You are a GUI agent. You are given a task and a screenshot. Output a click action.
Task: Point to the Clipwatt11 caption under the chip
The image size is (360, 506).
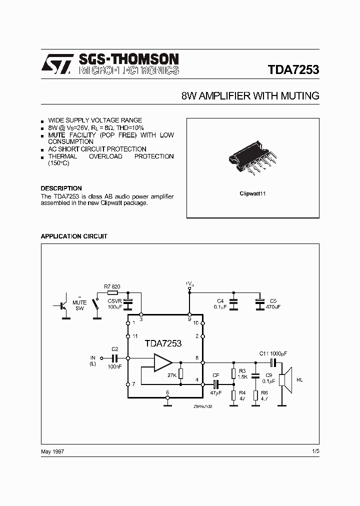tap(253, 193)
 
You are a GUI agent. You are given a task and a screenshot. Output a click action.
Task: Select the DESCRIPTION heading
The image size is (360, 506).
tap(61, 188)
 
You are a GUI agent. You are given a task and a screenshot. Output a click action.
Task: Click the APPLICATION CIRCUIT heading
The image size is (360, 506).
tap(73, 236)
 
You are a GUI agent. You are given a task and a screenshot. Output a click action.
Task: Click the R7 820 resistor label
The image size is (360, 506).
tap(112, 286)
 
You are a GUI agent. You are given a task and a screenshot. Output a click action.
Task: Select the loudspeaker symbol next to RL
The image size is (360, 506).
tap(285, 379)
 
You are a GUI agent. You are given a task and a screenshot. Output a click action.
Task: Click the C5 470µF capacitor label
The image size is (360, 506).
tap(273, 303)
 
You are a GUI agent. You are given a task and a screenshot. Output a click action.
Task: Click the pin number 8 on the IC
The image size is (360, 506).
tap(196, 357)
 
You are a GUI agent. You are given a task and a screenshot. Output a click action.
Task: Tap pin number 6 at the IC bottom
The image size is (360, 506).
tap(167, 392)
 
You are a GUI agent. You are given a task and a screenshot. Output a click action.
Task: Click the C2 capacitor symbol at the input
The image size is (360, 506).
tap(114, 358)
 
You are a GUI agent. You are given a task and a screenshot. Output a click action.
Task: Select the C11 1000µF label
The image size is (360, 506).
tap(273, 353)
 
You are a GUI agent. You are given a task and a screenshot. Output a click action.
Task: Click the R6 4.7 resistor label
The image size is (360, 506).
tap(264, 395)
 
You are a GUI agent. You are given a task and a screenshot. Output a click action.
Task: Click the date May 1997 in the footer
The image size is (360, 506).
tap(52, 451)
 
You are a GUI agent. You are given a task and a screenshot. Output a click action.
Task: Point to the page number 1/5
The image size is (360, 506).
tap(315, 451)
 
